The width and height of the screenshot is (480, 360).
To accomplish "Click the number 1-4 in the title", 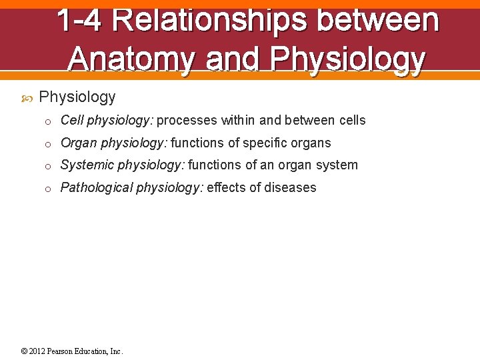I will coord(79,20).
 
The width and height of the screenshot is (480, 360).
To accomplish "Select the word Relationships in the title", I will coord(209,20).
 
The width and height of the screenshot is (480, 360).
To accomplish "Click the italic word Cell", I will coord(72,121).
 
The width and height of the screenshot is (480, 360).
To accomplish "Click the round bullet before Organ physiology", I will coord(48,144).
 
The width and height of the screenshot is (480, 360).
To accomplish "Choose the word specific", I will coord(266,143).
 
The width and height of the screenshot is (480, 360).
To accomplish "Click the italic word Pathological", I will coord(97,188).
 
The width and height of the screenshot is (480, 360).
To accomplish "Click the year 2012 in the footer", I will coord(37,351).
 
